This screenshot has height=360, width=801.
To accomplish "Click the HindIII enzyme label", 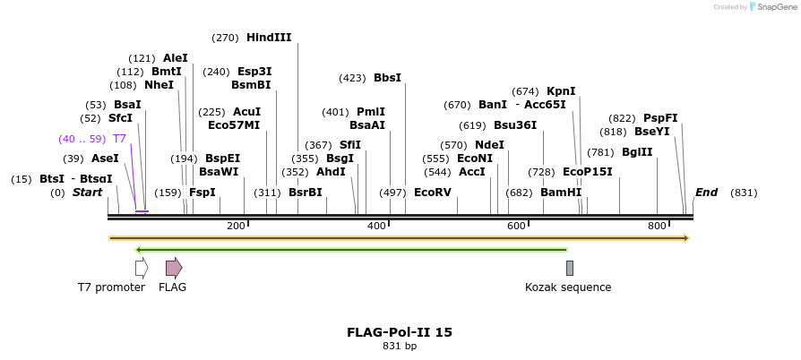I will (269, 38).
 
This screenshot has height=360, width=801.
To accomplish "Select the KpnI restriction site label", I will (561, 90).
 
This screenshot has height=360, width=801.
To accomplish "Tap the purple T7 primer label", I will (119, 139).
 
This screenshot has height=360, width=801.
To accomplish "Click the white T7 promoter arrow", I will (142, 268).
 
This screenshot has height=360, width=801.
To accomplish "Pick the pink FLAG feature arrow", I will (174, 268).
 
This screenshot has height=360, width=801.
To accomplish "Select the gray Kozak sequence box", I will (569, 268).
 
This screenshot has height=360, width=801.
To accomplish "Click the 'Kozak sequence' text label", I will (568, 287).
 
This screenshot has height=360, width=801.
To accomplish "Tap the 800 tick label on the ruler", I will (657, 226).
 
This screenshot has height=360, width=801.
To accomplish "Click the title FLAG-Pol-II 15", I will (400, 332).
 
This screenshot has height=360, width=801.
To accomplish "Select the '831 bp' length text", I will (400, 346).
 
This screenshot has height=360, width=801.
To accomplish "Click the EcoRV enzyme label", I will (433, 193).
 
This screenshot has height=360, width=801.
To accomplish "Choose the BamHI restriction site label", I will (561, 193).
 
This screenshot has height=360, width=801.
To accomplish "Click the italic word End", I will (706, 193).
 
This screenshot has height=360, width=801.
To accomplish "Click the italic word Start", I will (87, 193).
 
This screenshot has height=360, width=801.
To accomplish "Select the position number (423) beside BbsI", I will (352, 78).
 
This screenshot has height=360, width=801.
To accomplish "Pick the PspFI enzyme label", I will (660, 118).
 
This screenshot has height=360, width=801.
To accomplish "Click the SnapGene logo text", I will (776, 7).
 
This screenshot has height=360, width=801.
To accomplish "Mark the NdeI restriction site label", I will (489, 145).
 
